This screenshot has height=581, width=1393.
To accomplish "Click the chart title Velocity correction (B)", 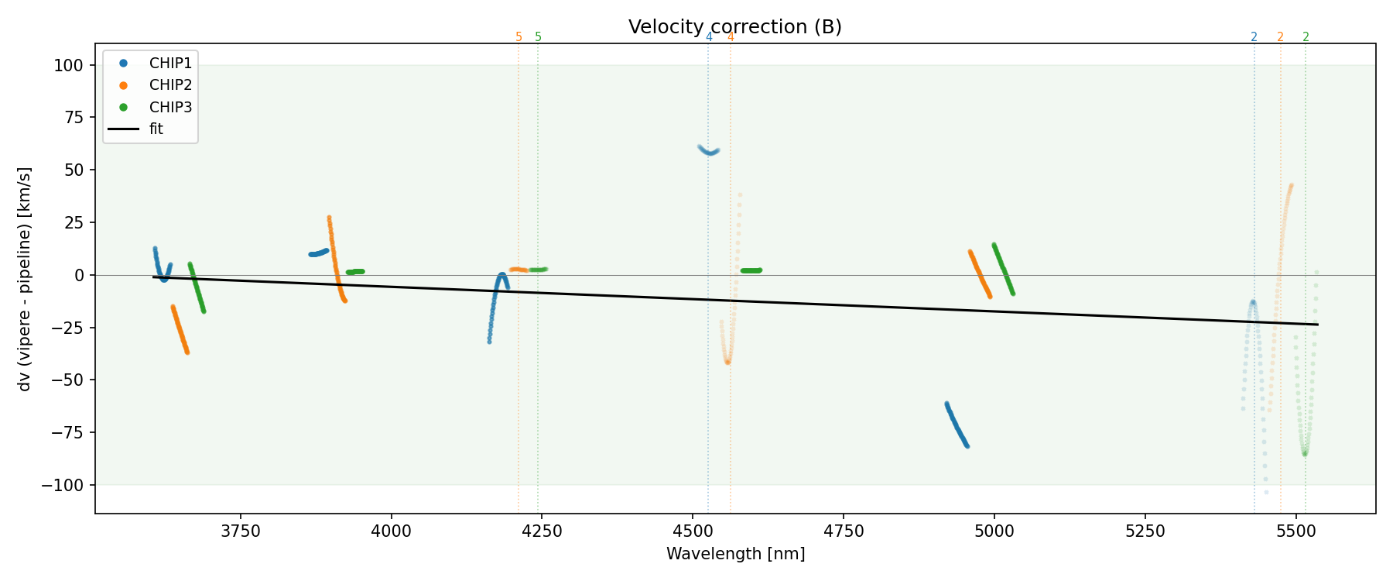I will [x=734, y=27].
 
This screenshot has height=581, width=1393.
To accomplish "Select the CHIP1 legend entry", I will [x=170, y=64].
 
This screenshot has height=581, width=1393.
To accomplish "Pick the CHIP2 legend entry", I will [x=170, y=85].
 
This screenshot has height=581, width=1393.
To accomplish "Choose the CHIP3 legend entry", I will [x=170, y=107].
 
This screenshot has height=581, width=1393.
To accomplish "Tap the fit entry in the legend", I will [x=156, y=129].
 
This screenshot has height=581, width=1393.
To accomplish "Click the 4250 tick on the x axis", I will [x=542, y=531].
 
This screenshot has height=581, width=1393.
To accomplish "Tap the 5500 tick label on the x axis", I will [x=1295, y=531].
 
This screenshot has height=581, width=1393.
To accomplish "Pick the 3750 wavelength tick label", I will [x=240, y=531].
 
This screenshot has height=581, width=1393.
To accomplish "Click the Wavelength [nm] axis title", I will [x=735, y=554].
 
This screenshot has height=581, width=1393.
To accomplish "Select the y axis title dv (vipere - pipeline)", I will [x=25, y=279].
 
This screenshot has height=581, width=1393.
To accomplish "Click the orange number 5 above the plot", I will [x=519, y=37].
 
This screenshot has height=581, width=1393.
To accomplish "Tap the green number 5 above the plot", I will [x=539, y=37].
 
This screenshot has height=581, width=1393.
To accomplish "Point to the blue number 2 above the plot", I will [x=1254, y=37].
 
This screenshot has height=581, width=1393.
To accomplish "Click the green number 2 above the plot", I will [x=1306, y=37].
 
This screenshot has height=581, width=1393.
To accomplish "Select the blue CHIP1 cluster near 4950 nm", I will [x=957, y=425].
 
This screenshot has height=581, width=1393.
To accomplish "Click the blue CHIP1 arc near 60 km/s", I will [x=709, y=151].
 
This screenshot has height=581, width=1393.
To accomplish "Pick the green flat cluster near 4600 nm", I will [x=751, y=270].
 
